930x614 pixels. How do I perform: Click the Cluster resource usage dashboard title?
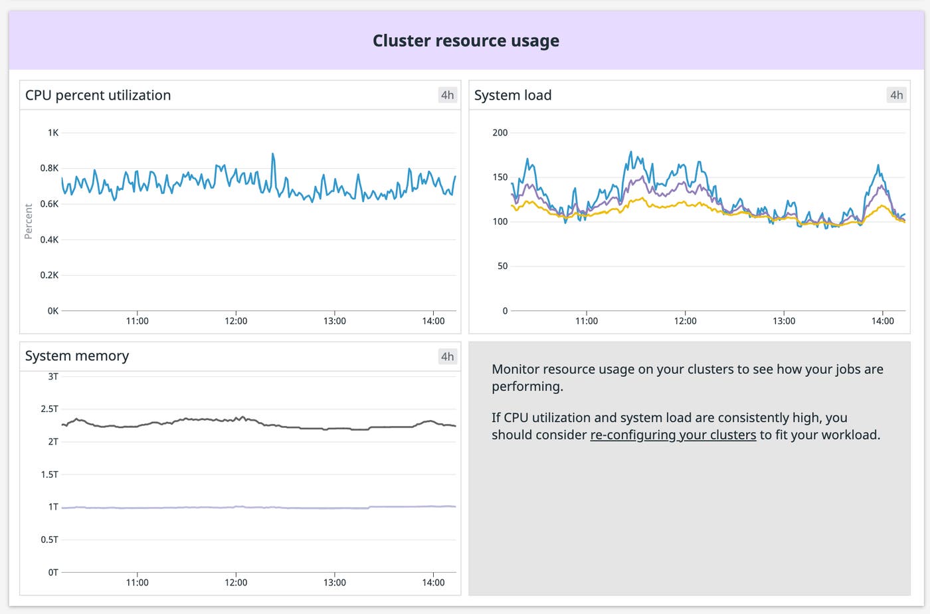(x=466, y=41)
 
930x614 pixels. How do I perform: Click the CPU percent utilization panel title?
(x=98, y=95)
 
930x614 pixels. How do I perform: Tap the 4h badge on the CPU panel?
(x=448, y=95)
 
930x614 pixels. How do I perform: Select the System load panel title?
(x=513, y=95)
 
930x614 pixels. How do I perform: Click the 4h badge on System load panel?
(x=897, y=95)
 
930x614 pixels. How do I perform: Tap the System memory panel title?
(x=77, y=356)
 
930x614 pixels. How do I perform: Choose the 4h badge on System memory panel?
(x=448, y=357)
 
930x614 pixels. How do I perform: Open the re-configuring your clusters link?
(x=673, y=435)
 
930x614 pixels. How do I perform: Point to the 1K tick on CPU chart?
(x=52, y=133)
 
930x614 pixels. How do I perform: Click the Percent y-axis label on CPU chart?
(x=28, y=221)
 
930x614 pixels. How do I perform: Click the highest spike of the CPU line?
(x=272, y=155)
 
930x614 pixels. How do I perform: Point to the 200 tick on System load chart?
(x=500, y=133)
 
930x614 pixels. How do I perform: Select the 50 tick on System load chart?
(x=502, y=266)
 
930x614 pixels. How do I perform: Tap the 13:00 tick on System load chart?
(x=784, y=321)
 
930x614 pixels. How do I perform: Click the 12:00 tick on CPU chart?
(x=236, y=321)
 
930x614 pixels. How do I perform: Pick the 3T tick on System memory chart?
(x=53, y=377)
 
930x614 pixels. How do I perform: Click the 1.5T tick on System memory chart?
(x=50, y=474)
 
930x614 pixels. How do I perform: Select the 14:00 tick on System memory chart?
(x=433, y=583)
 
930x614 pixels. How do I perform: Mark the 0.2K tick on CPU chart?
(x=49, y=275)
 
